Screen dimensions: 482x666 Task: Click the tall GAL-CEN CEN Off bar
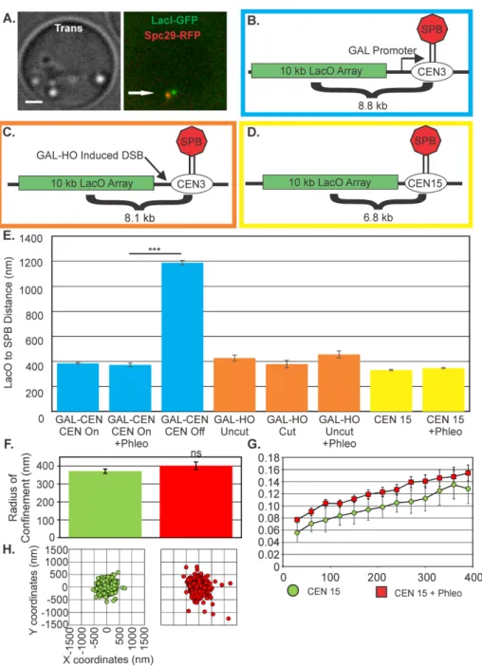click(x=182, y=337)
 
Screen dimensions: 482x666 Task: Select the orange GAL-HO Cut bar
click(x=287, y=387)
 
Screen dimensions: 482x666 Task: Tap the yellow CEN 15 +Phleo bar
click(x=443, y=390)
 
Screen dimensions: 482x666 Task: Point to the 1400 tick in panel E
click(x=31, y=239)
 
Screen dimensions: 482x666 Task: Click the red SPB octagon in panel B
click(x=432, y=29)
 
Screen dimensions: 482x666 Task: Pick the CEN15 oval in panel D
click(x=425, y=183)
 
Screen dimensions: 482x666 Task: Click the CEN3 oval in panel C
click(x=191, y=184)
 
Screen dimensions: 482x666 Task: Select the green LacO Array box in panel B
click(x=319, y=70)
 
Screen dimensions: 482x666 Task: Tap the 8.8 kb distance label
click(x=373, y=105)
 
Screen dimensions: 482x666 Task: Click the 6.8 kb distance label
click(x=378, y=217)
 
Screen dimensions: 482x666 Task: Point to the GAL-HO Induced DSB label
click(x=89, y=155)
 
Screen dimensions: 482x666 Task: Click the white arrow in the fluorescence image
click(x=141, y=93)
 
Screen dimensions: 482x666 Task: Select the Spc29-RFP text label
click(x=172, y=34)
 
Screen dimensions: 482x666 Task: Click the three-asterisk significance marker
click(x=154, y=250)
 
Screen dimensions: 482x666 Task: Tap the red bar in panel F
click(x=195, y=502)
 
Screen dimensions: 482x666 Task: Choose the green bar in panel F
click(x=105, y=504)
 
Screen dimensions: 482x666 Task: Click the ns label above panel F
click(x=196, y=453)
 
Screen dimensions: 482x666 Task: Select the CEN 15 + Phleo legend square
click(x=381, y=592)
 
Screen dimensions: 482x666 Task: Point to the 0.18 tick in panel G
click(x=269, y=458)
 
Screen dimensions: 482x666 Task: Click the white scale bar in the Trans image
click(x=34, y=102)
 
